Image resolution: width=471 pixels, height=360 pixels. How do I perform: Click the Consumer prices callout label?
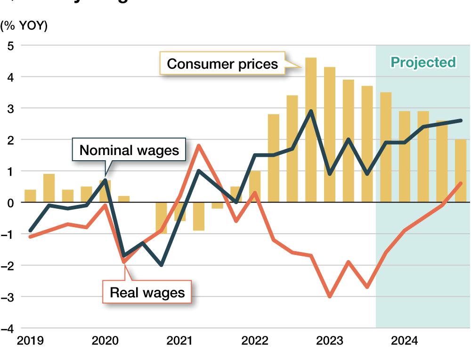point(222,63)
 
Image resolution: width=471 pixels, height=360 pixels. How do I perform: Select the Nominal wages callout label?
point(129,150)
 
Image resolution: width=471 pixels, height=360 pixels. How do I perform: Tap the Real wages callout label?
point(147,293)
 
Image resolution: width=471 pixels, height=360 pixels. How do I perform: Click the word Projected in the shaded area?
point(423,62)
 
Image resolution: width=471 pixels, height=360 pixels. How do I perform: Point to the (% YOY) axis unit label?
point(24,26)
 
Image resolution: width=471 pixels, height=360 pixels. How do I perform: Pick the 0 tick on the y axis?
point(10,203)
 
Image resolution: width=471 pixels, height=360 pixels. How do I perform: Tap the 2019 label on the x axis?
point(30,341)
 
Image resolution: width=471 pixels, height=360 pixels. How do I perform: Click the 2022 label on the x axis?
point(254,341)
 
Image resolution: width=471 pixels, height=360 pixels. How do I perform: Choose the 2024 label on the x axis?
point(404,341)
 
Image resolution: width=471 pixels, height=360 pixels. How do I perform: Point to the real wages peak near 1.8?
point(199,146)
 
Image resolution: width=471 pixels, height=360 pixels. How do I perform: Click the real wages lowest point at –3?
point(330,296)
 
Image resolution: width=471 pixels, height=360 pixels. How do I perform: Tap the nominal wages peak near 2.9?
point(311,111)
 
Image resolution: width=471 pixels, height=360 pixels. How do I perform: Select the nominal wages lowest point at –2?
point(161,265)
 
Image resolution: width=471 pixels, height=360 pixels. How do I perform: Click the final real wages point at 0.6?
point(461,183)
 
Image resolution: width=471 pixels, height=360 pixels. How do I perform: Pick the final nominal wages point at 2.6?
point(461,121)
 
